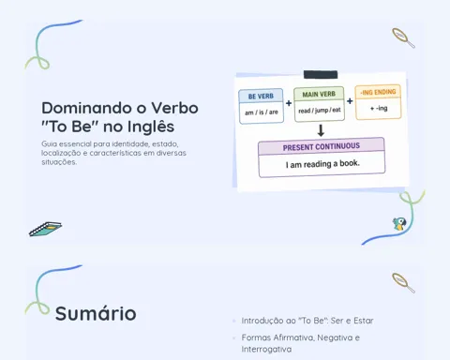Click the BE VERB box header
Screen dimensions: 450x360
coord(261,96)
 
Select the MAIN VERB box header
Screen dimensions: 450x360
coord(319,94)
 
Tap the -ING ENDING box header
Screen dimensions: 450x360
coord(378,92)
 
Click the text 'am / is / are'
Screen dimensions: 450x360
coord(262,112)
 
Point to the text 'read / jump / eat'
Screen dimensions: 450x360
coord(320,111)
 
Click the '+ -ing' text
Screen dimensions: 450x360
coord(379,109)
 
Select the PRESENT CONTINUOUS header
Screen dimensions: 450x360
coord(322,146)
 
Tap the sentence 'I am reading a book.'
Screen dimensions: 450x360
coord(322,164)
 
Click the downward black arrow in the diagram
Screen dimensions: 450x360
coord(321,130)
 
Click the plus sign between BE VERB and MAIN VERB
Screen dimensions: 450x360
coord(289,103)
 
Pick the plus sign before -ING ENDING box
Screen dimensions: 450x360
coord(350,101)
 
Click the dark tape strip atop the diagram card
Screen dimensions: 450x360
coord(321,75)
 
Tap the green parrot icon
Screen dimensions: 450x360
coord(399,224)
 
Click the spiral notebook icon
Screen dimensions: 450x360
coord(46,229)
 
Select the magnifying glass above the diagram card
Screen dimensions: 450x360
coord(403,37)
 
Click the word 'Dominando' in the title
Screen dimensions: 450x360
coord(87,108)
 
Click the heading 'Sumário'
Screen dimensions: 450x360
coord(96,313)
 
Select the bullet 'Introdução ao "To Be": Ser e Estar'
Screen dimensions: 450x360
coord(307,321)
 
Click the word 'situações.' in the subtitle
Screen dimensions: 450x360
coord(59,162)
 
